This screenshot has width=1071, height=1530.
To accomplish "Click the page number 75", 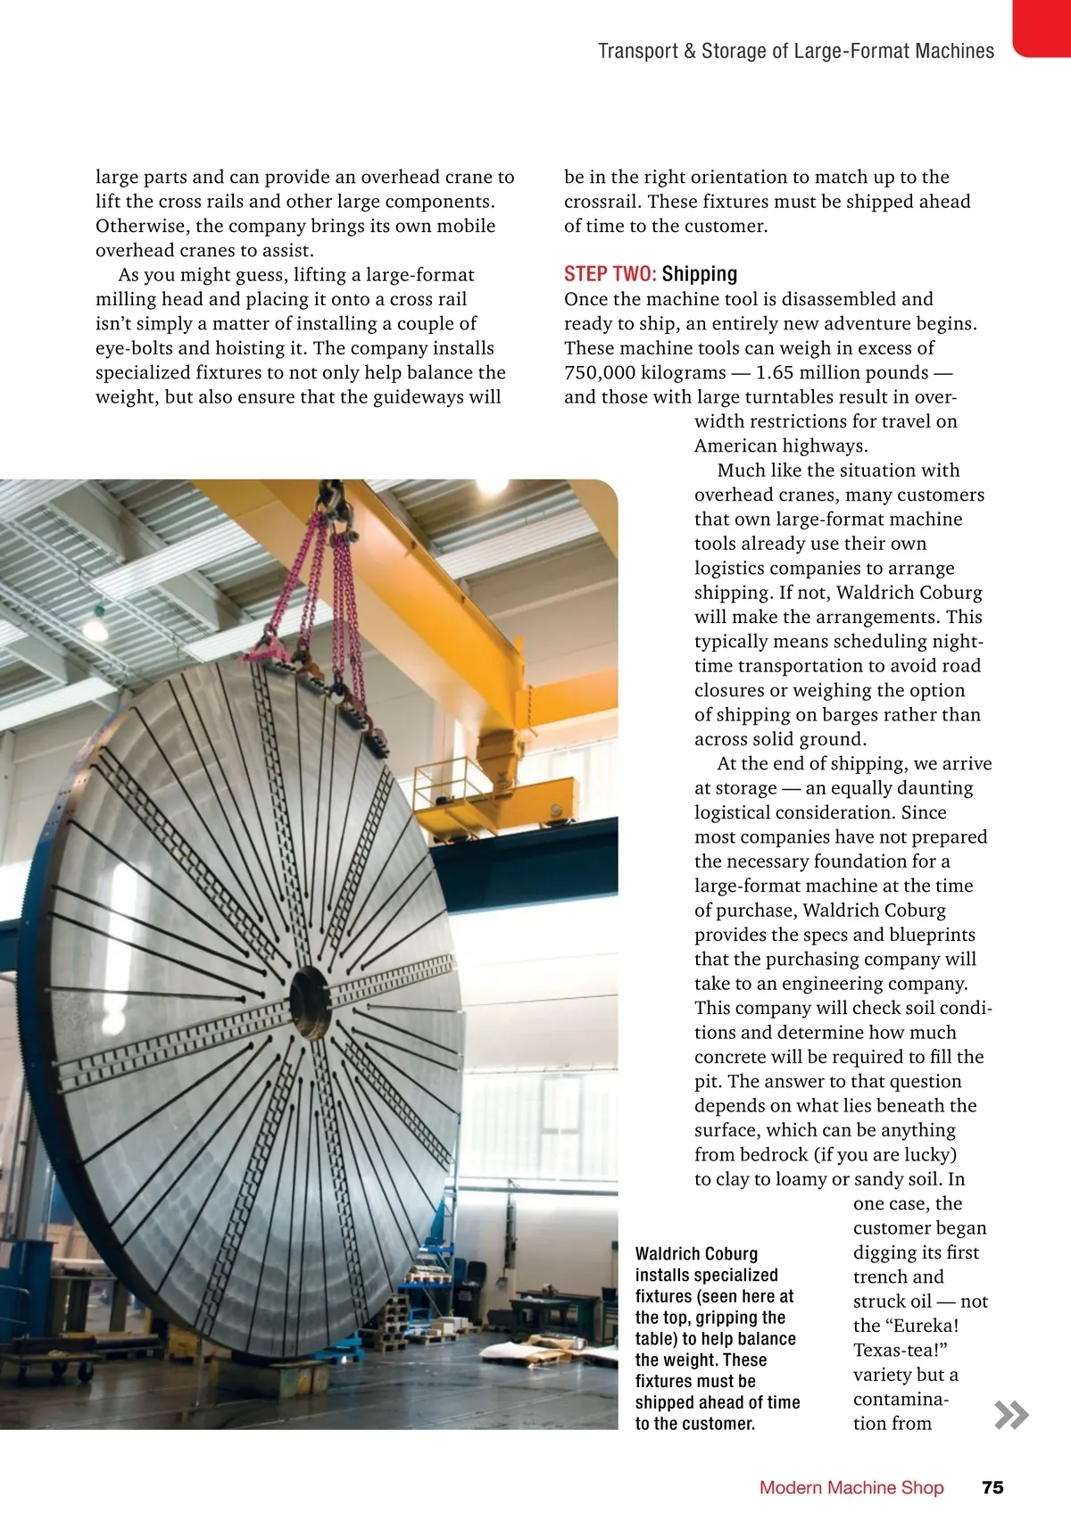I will (992, 1487).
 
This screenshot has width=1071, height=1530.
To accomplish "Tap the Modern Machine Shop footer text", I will (851, 1487).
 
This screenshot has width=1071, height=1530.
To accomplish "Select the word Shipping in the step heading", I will (700, 274).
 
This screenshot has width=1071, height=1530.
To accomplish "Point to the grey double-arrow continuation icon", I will (1011, 1415).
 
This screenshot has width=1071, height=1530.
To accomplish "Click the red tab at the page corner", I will (1042, 27).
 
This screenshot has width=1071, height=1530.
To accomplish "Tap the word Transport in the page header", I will (637, 51).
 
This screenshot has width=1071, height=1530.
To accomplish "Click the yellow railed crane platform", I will (464, 790).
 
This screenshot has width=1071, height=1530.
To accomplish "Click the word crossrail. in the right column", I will (602, 202).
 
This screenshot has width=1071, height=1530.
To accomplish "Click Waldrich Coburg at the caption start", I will (696, 1254).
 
